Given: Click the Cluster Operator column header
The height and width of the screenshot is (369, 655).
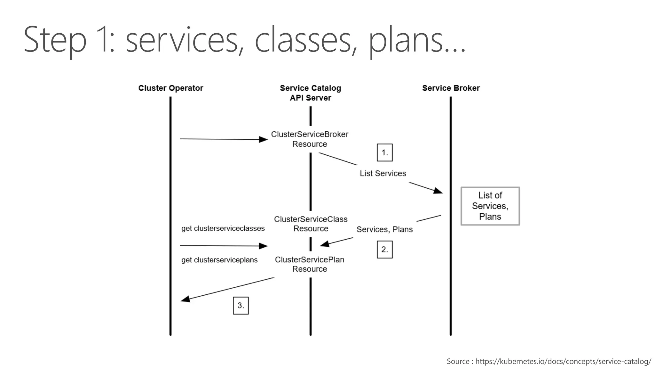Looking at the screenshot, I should (x=170, y=88).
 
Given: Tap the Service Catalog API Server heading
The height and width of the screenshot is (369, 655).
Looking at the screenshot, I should (x=310, y=93).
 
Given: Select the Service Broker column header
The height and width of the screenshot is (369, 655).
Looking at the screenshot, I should (x=451, y=88).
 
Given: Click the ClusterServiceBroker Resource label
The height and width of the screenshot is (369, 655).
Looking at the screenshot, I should (x=310, y=139).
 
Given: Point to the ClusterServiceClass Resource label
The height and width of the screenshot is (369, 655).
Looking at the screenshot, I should (x=311, y=224).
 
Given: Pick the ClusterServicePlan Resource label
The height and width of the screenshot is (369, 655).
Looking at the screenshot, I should (x=310, y=264).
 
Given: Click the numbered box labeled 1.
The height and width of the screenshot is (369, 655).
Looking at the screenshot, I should (x=384, y=152).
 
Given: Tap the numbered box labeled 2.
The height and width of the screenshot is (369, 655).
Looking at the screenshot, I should (x=384, y=250).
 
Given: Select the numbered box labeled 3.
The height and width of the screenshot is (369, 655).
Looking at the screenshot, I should (x=241, y=306).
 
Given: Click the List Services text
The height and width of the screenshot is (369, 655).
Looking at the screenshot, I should (x=383, y=173).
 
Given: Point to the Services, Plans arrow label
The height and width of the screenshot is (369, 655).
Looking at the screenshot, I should (x=384, y=229).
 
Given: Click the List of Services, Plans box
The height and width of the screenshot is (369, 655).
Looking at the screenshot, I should (x=490, y=206).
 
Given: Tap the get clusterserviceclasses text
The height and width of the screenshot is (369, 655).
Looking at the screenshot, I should (x=223, y=228).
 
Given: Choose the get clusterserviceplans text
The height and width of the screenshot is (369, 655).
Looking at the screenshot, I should (x=219, y=260).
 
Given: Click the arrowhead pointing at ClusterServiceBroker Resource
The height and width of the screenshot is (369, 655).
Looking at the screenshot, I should (x=264, y=139).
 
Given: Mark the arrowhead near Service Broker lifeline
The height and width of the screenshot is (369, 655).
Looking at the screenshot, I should (x=438, y=191).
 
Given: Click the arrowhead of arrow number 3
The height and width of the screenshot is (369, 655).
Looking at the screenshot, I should (x=185, y=299).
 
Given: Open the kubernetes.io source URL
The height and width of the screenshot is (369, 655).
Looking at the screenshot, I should (x=563, y=361).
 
